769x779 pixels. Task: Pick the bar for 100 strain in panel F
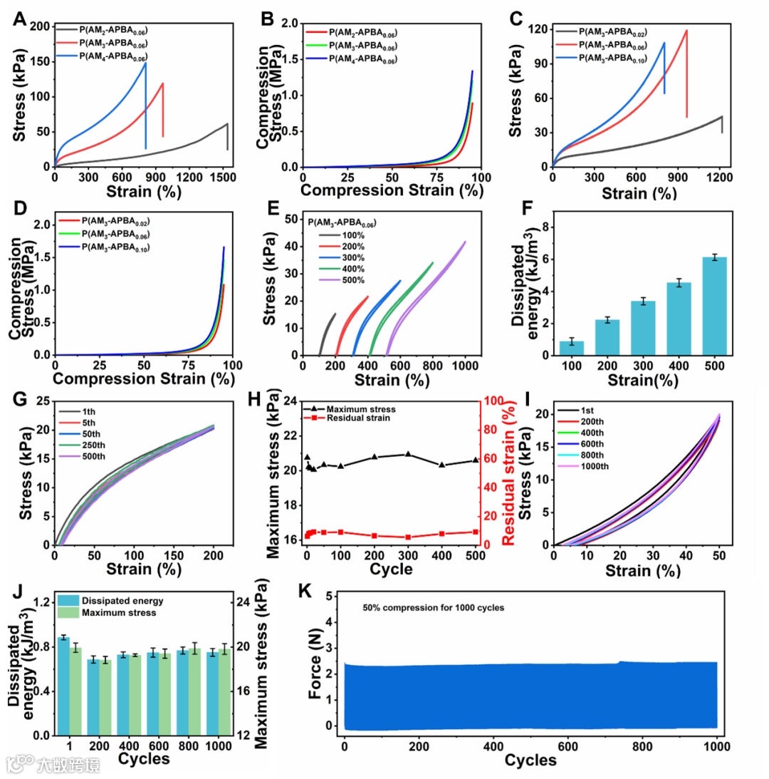[571, 347]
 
